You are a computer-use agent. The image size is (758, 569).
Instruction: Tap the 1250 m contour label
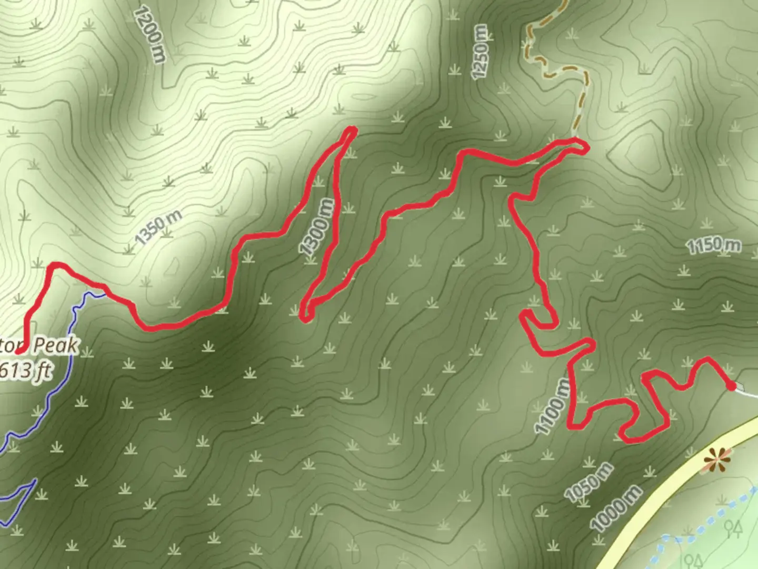[482, 52]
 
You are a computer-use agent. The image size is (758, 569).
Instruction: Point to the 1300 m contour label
[317, 226]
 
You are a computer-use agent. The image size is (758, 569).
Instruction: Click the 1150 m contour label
[713, 245]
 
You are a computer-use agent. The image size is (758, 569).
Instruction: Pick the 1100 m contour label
[552, 407]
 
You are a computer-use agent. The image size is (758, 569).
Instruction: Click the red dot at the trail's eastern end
[731, 387]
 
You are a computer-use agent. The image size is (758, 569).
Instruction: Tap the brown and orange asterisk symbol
[717, 460]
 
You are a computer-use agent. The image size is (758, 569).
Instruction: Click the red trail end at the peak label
[20, 349]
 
